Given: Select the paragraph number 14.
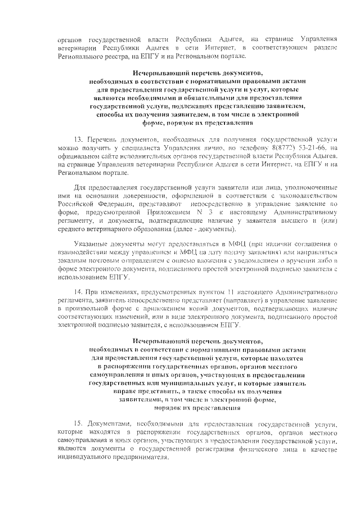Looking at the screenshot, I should coord(78,293).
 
